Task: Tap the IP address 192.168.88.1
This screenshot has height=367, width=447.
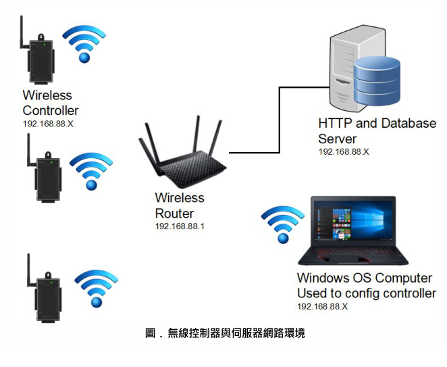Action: pos(180,226)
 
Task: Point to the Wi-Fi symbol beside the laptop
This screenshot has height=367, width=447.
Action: pos(284,222)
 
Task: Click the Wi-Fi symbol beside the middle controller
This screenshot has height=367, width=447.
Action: pos(91,172)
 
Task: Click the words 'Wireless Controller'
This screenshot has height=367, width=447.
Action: pos(51,103)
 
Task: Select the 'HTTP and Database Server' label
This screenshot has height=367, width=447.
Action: pos(377,131)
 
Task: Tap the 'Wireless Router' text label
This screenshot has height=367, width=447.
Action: pos(180,205)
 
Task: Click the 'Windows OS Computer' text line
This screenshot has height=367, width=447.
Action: pos(364,278)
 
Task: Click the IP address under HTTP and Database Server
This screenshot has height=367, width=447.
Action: pos(344,151)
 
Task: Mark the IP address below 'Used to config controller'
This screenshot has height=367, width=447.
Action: pos(322,306)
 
